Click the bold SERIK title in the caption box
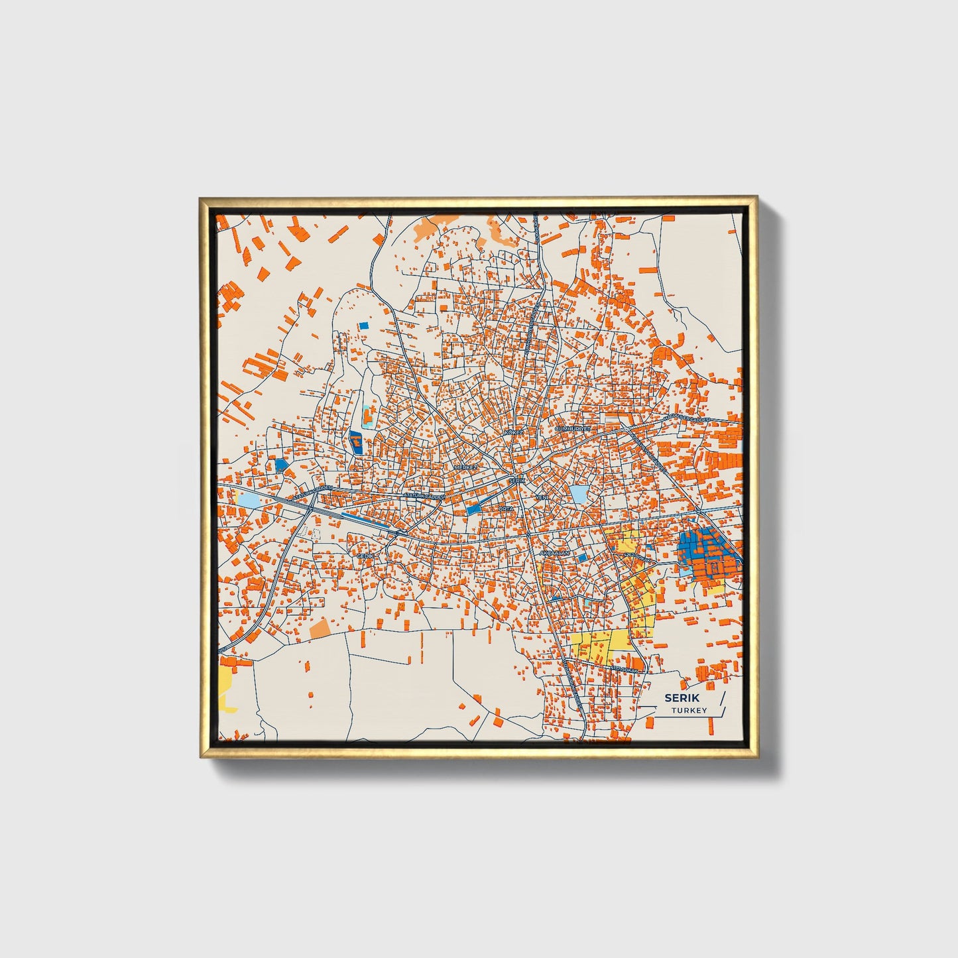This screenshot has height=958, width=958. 682,698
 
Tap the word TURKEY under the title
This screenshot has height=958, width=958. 688,711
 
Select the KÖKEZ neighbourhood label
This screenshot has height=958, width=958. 514,432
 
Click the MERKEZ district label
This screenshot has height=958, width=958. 465,467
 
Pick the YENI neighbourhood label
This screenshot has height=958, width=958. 542,497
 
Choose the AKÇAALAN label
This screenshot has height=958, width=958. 555,552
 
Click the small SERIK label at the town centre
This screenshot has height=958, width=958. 517,479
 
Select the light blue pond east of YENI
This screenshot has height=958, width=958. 579,494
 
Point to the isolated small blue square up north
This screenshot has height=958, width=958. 363,326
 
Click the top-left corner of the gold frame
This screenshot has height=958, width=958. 200,198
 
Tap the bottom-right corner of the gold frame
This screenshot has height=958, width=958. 756,758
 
